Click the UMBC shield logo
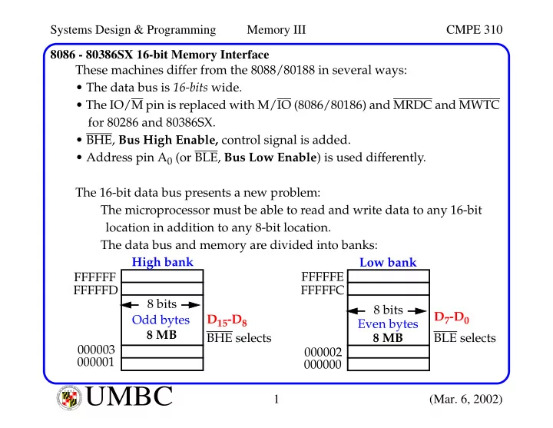pos(69,398)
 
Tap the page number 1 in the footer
pos(276,399)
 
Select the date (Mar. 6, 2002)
pos(465,399)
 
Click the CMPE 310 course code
pos(474,30)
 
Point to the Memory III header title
pos(276,30)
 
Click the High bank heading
pos(162,262)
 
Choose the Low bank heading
pos(388,263)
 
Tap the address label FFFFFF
pos(95,277)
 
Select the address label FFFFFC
pos(323,290)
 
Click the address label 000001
pos(95,363)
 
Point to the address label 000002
pos(323,352)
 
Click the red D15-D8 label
pos(227,320)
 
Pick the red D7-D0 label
pos(452,317)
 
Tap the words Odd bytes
pos(161,320)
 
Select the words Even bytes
pos(388,324)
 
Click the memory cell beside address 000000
pos(389,364)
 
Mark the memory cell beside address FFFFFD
pos(162,289)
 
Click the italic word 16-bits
pos(190,87)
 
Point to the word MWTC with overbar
pos(479,105)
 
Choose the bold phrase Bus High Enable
pos(168,140)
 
